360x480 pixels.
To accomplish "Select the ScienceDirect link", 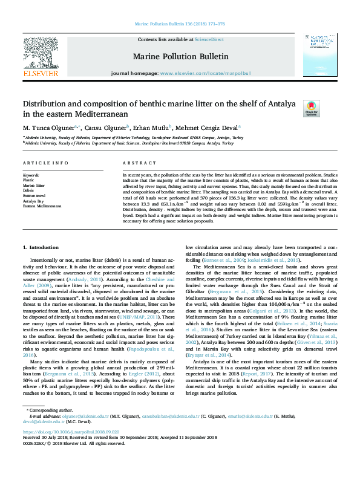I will pyautogui.click(x=210, y=39).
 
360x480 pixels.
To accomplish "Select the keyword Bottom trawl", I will pyautogui.click(x=34, y=196).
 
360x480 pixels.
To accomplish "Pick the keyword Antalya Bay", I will pyautogui.click(x=34, y=201).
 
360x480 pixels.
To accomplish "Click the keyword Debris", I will pyautogui.click(x=29, y=190).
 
